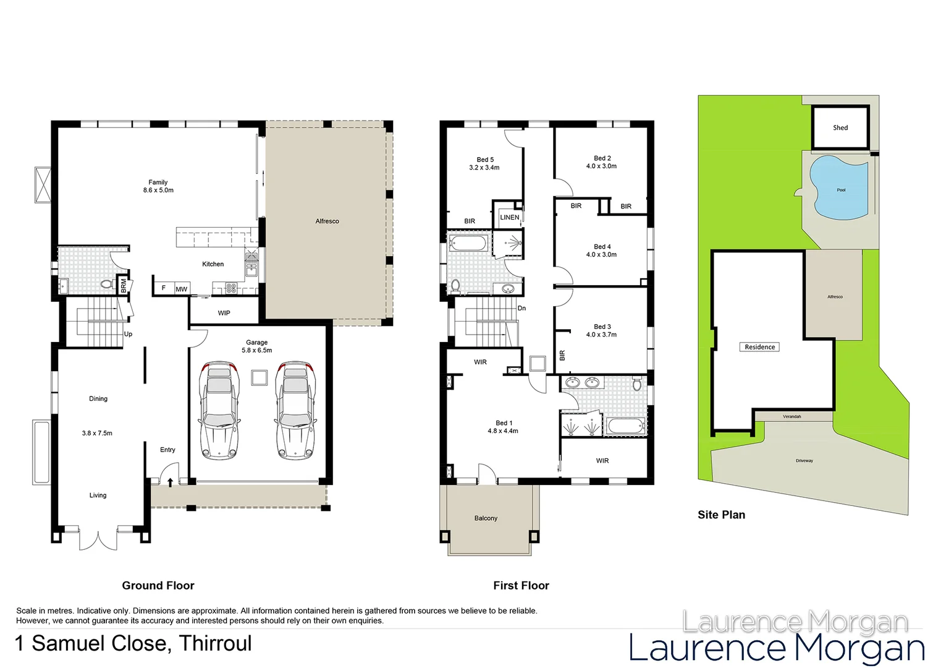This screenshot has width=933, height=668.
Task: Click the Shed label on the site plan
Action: [x=840, y=128]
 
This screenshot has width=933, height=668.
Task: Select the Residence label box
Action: [x=759, y=347]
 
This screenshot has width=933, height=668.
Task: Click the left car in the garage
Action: [x=219, y=411]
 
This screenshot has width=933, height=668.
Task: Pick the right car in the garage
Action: [x=296, y=411]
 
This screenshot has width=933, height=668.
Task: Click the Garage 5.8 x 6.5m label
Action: [x=256, y=346]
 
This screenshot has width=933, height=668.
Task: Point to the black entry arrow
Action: [x=170, y=482]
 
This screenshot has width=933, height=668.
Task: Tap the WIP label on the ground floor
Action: [x=224, y=313]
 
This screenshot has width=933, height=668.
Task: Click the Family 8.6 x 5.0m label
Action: [x=158, y=186]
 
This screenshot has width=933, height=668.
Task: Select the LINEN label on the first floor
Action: [x=510, y=218]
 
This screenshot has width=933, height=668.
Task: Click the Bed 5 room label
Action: [x=484, y=163]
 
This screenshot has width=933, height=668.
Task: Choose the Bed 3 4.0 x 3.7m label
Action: [x=602, y=330]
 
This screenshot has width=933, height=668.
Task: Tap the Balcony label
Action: [x=486, y=518]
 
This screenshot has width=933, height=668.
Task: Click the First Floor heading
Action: [x=521, y=585]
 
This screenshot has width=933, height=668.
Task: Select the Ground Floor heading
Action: [x=158, y=585]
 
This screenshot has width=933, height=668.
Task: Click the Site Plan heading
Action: [x=721, y=515]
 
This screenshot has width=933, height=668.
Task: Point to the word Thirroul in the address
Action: [x=216, y=643]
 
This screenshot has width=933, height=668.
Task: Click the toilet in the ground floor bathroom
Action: [x=106, y=285]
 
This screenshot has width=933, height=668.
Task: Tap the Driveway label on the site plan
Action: [x=804, y=461]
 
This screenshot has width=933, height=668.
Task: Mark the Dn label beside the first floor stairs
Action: [x=521, y=308]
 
